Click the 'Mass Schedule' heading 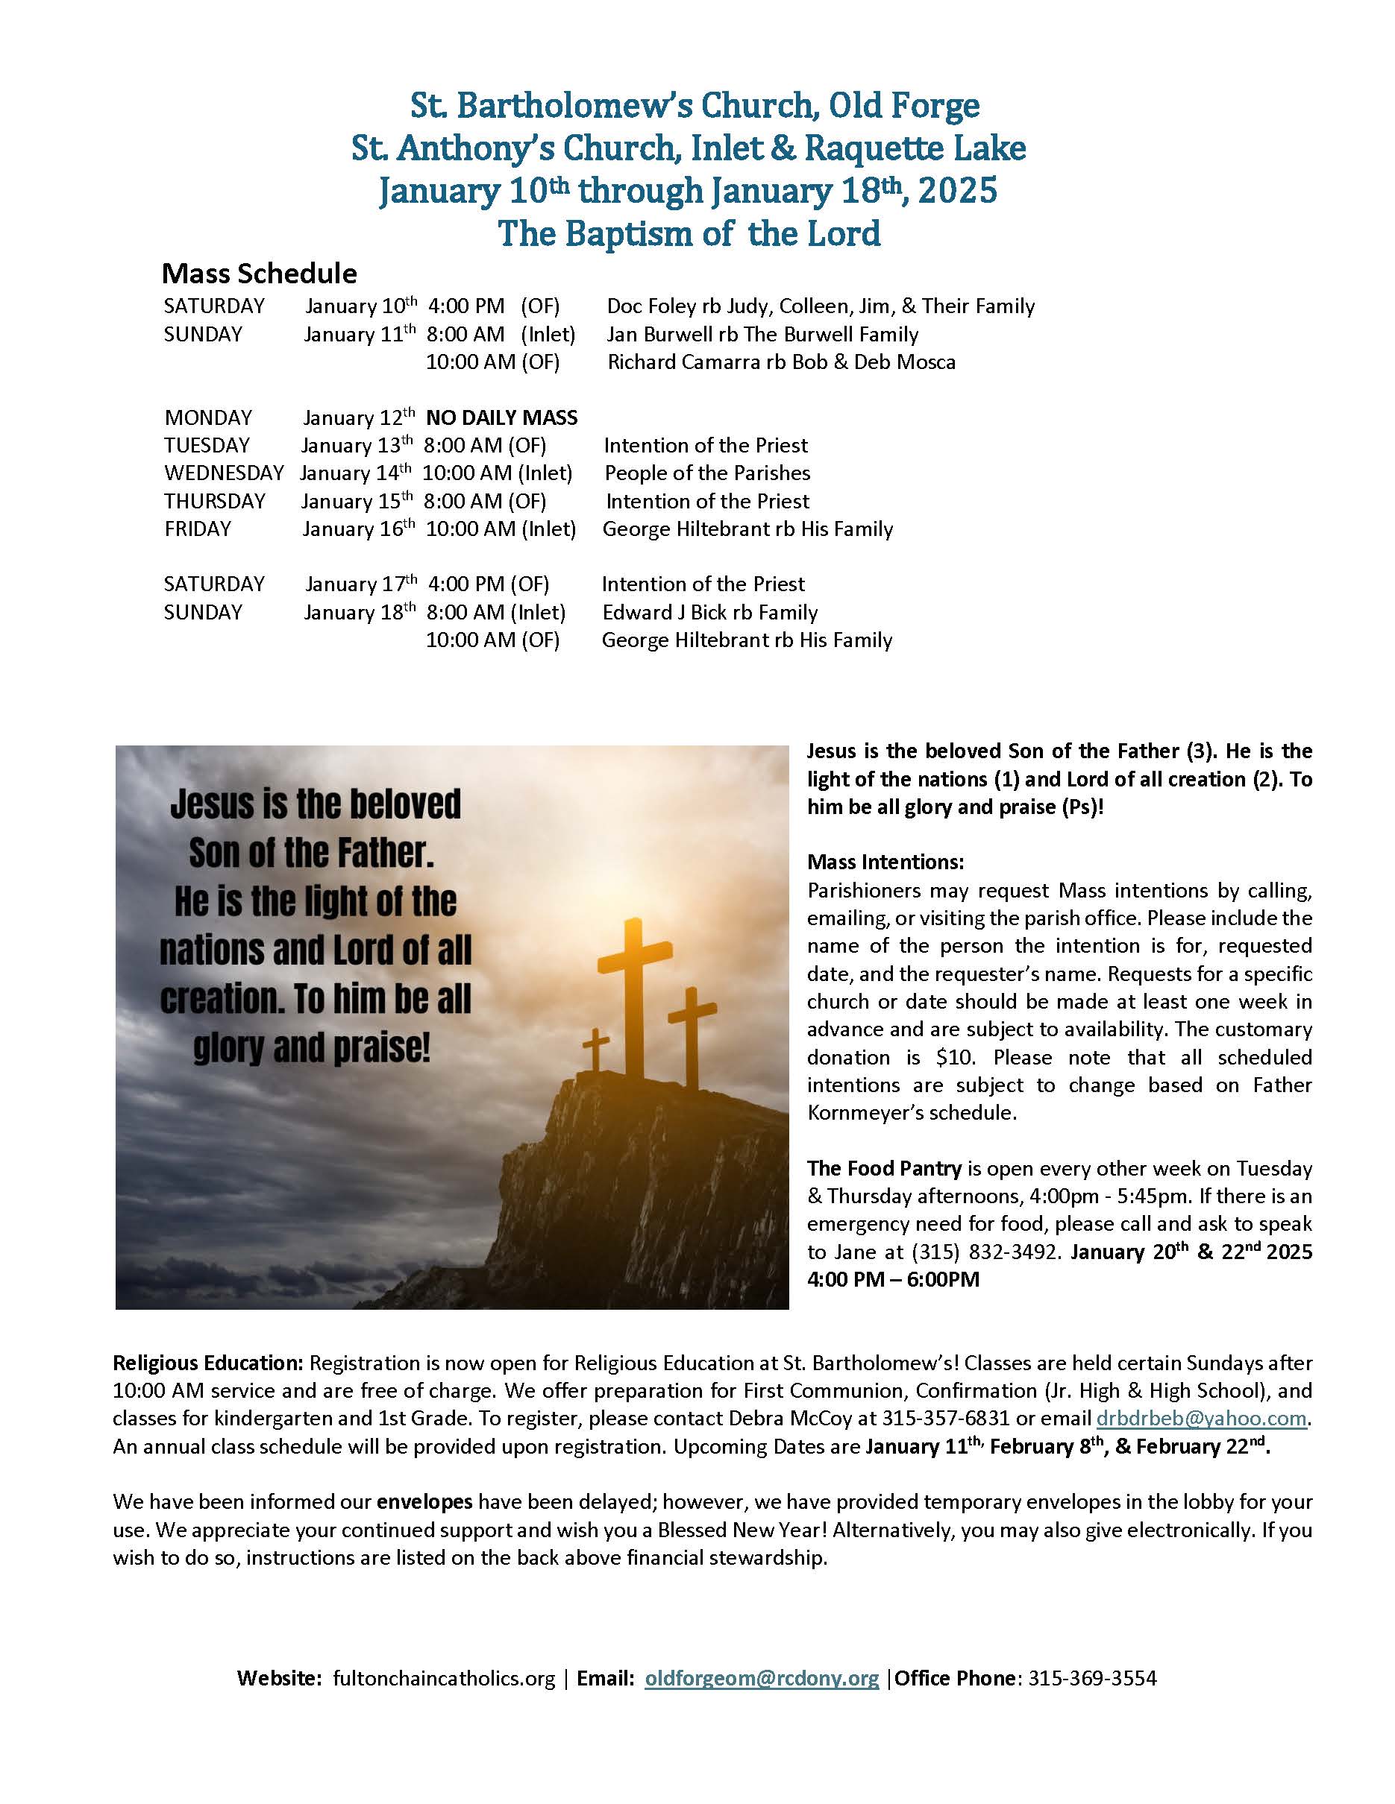(260, 274)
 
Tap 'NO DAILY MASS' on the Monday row (501, 418)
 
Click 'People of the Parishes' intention (707, 473)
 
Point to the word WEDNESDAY (224, 473)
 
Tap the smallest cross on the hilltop (595, 1050)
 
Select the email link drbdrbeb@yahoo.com (1202, 1419)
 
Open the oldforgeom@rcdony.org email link (761, 1679)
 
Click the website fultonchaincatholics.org (444, 1679)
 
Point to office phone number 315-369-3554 (1091, 1679)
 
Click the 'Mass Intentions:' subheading (885, 862)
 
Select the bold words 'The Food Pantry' (883, 1168)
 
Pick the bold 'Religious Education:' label (208, 1363)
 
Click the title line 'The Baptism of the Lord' (689, 234)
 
